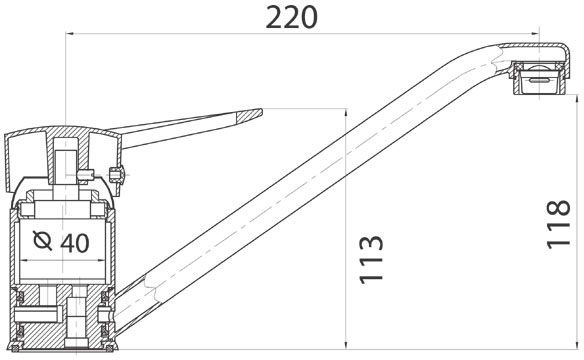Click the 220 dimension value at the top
pos(292,17)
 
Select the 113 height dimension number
pos(371,259)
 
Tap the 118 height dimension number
pos(558,224)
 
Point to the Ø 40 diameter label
pos(61,242)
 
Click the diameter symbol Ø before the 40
pos(42,240)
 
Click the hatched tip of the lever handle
pos(249,115)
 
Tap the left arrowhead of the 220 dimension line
pos(69,34)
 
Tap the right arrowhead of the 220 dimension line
pos(535,34)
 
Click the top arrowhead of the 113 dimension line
pos(346,113)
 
